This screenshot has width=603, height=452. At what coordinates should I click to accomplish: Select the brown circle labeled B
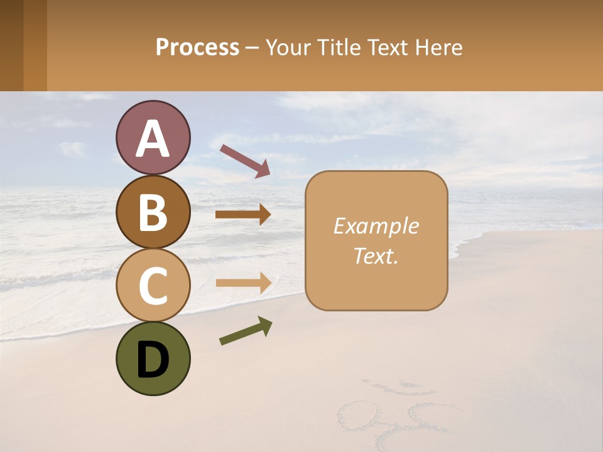[153, 212]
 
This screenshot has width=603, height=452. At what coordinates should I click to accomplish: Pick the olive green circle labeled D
[153, 358]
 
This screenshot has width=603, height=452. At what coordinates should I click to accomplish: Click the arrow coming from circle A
[245, 161]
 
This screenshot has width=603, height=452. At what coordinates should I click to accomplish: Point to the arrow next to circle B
[243, 215]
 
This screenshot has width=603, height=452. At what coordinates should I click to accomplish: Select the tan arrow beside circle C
[243, 283]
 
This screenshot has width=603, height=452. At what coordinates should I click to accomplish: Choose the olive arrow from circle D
[246, 331]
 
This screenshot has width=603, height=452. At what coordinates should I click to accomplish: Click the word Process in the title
[197, 47]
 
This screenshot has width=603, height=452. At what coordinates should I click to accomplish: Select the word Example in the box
[376, 226]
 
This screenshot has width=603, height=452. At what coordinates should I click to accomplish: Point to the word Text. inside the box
[376, 256]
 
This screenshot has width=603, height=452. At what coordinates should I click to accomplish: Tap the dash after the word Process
[253, 48]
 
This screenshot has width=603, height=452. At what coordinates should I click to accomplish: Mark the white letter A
[153, 138]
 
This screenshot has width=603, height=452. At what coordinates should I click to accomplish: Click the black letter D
[153, 360]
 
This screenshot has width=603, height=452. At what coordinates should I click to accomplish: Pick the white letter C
[153, 286]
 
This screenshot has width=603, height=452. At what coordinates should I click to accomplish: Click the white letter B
[153, 212]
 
